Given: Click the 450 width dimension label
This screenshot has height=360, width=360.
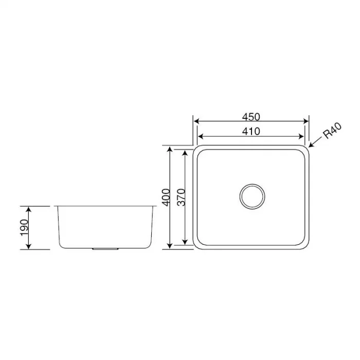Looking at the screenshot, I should point(251,116).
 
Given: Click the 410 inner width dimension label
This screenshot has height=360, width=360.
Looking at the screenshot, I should point(251,131).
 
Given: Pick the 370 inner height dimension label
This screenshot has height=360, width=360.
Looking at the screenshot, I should point(181,197).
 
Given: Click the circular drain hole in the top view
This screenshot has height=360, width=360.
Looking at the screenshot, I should point(252,196).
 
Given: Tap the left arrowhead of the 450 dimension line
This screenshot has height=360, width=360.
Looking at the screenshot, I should point(196,122).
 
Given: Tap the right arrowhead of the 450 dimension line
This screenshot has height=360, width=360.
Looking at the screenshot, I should point(307,122).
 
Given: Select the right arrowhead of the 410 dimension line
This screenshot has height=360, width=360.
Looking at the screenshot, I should point(302,137).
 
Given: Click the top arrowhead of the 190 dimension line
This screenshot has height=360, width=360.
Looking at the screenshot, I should point(29,209).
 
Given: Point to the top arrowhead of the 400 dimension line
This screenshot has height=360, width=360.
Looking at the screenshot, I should point(170,149).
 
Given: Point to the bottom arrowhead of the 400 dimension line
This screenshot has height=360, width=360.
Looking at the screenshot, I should point(170,246).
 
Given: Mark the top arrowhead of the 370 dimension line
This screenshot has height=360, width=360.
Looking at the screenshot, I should point(185,153).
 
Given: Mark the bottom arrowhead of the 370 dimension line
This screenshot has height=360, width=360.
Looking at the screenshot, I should point(185,242).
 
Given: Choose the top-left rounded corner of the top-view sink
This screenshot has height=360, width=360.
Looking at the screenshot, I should point(197,150).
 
